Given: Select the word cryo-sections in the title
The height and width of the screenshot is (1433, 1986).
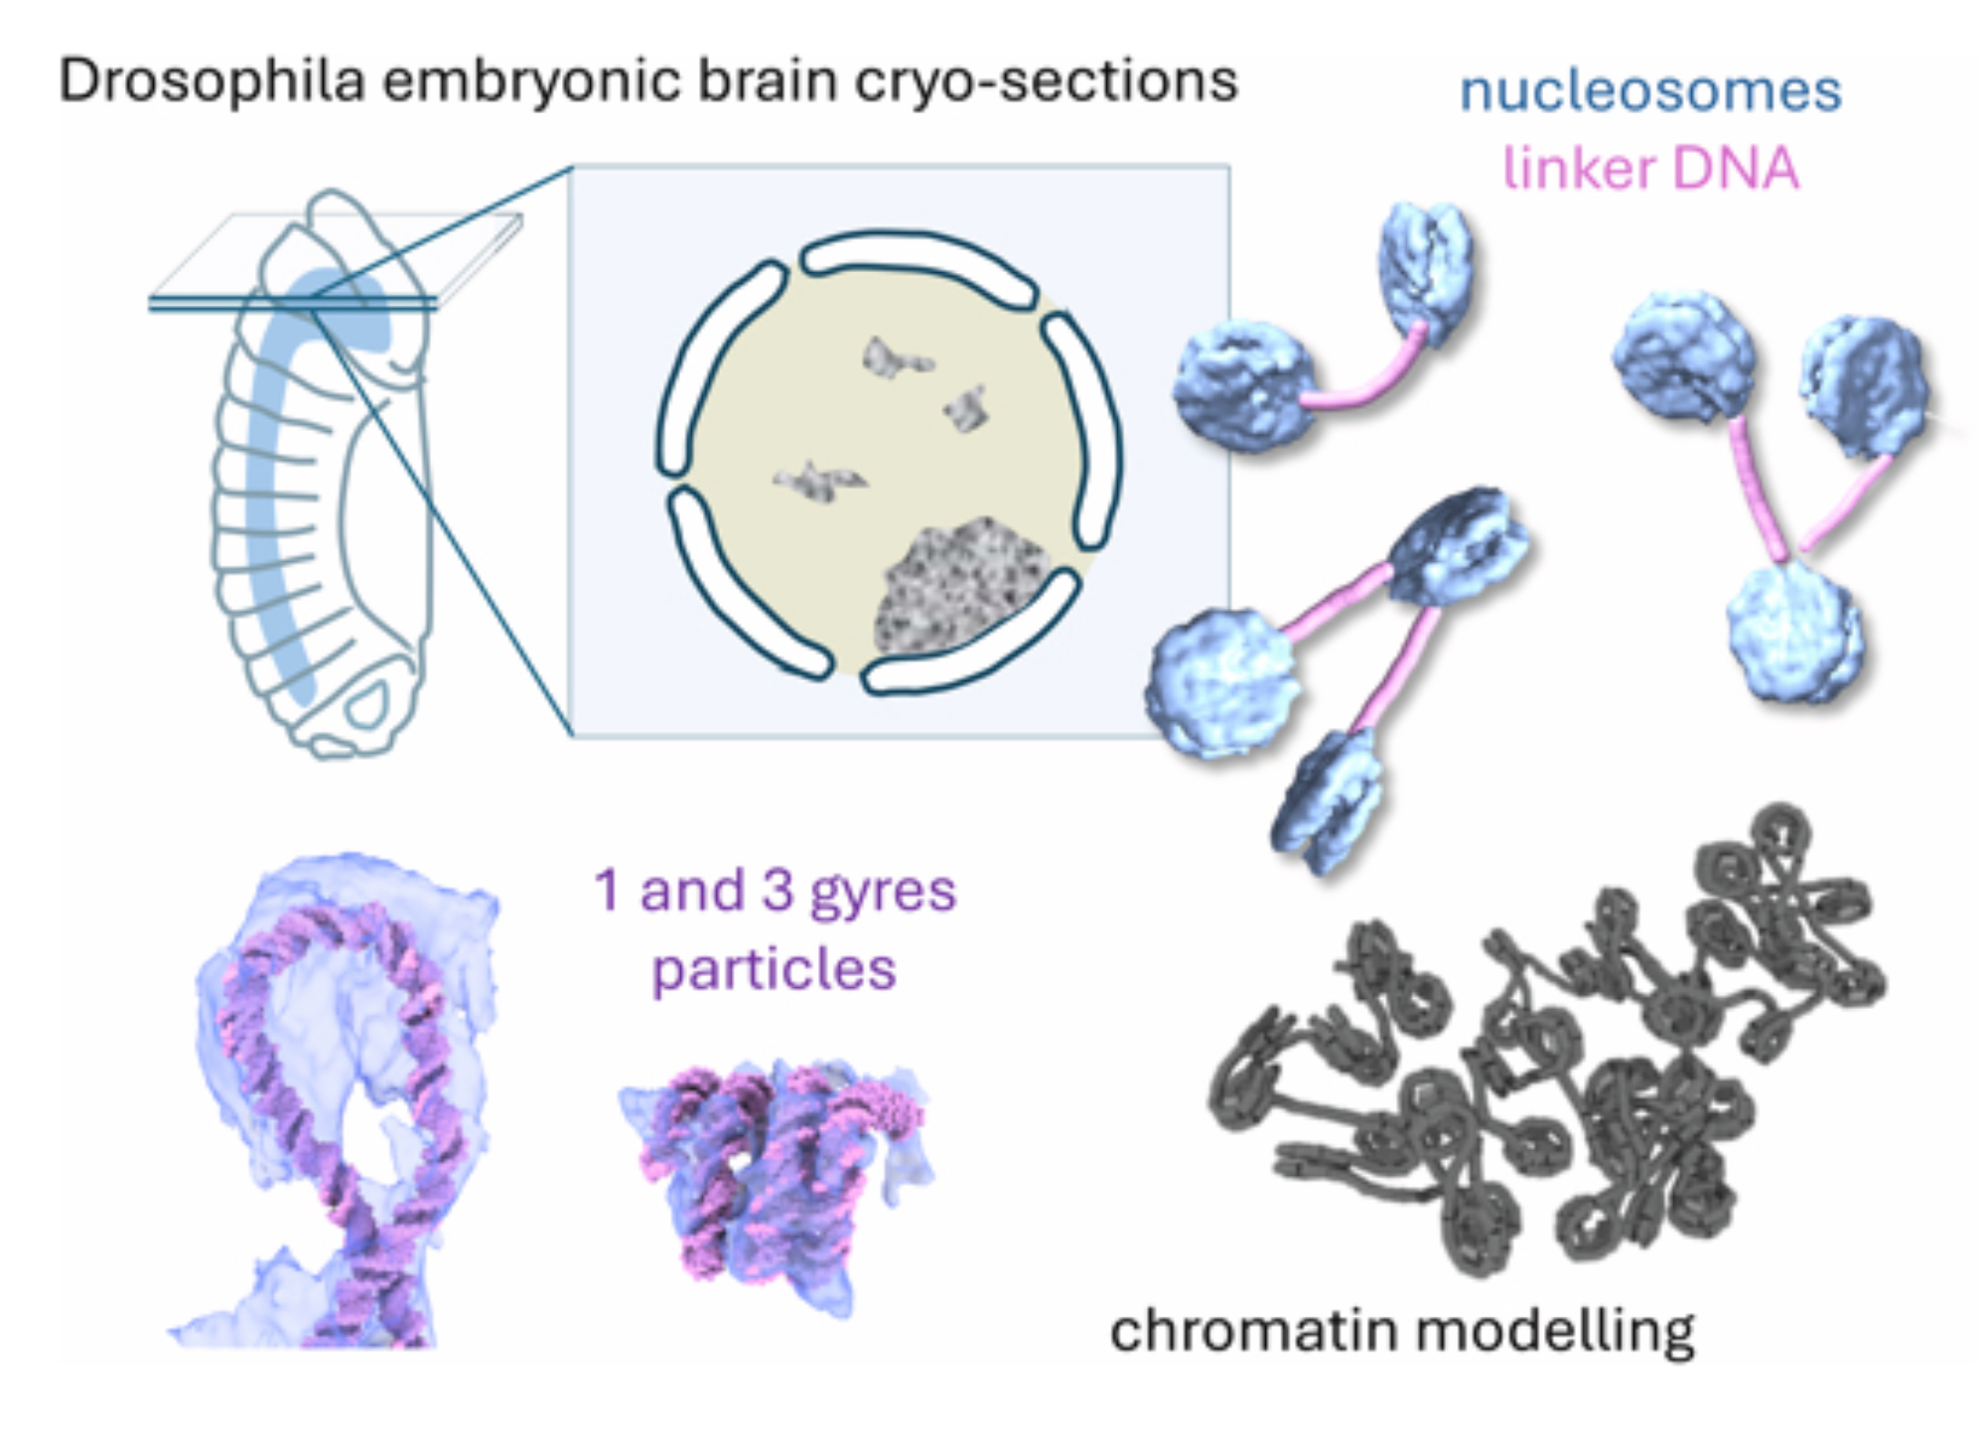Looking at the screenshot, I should pyautogui.click(x=1047, y=80).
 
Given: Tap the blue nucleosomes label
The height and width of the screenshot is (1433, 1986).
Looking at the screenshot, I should pyautogui.click(x=1650, y=91).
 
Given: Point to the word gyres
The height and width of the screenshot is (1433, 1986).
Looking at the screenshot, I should pyautogui.click(x=883, y=892).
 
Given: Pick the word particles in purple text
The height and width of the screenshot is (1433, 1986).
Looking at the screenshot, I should pyautogui.click(x=774, y=969).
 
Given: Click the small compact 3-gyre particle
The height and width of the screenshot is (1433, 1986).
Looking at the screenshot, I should pyautogui.click(x=775, y=1172).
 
